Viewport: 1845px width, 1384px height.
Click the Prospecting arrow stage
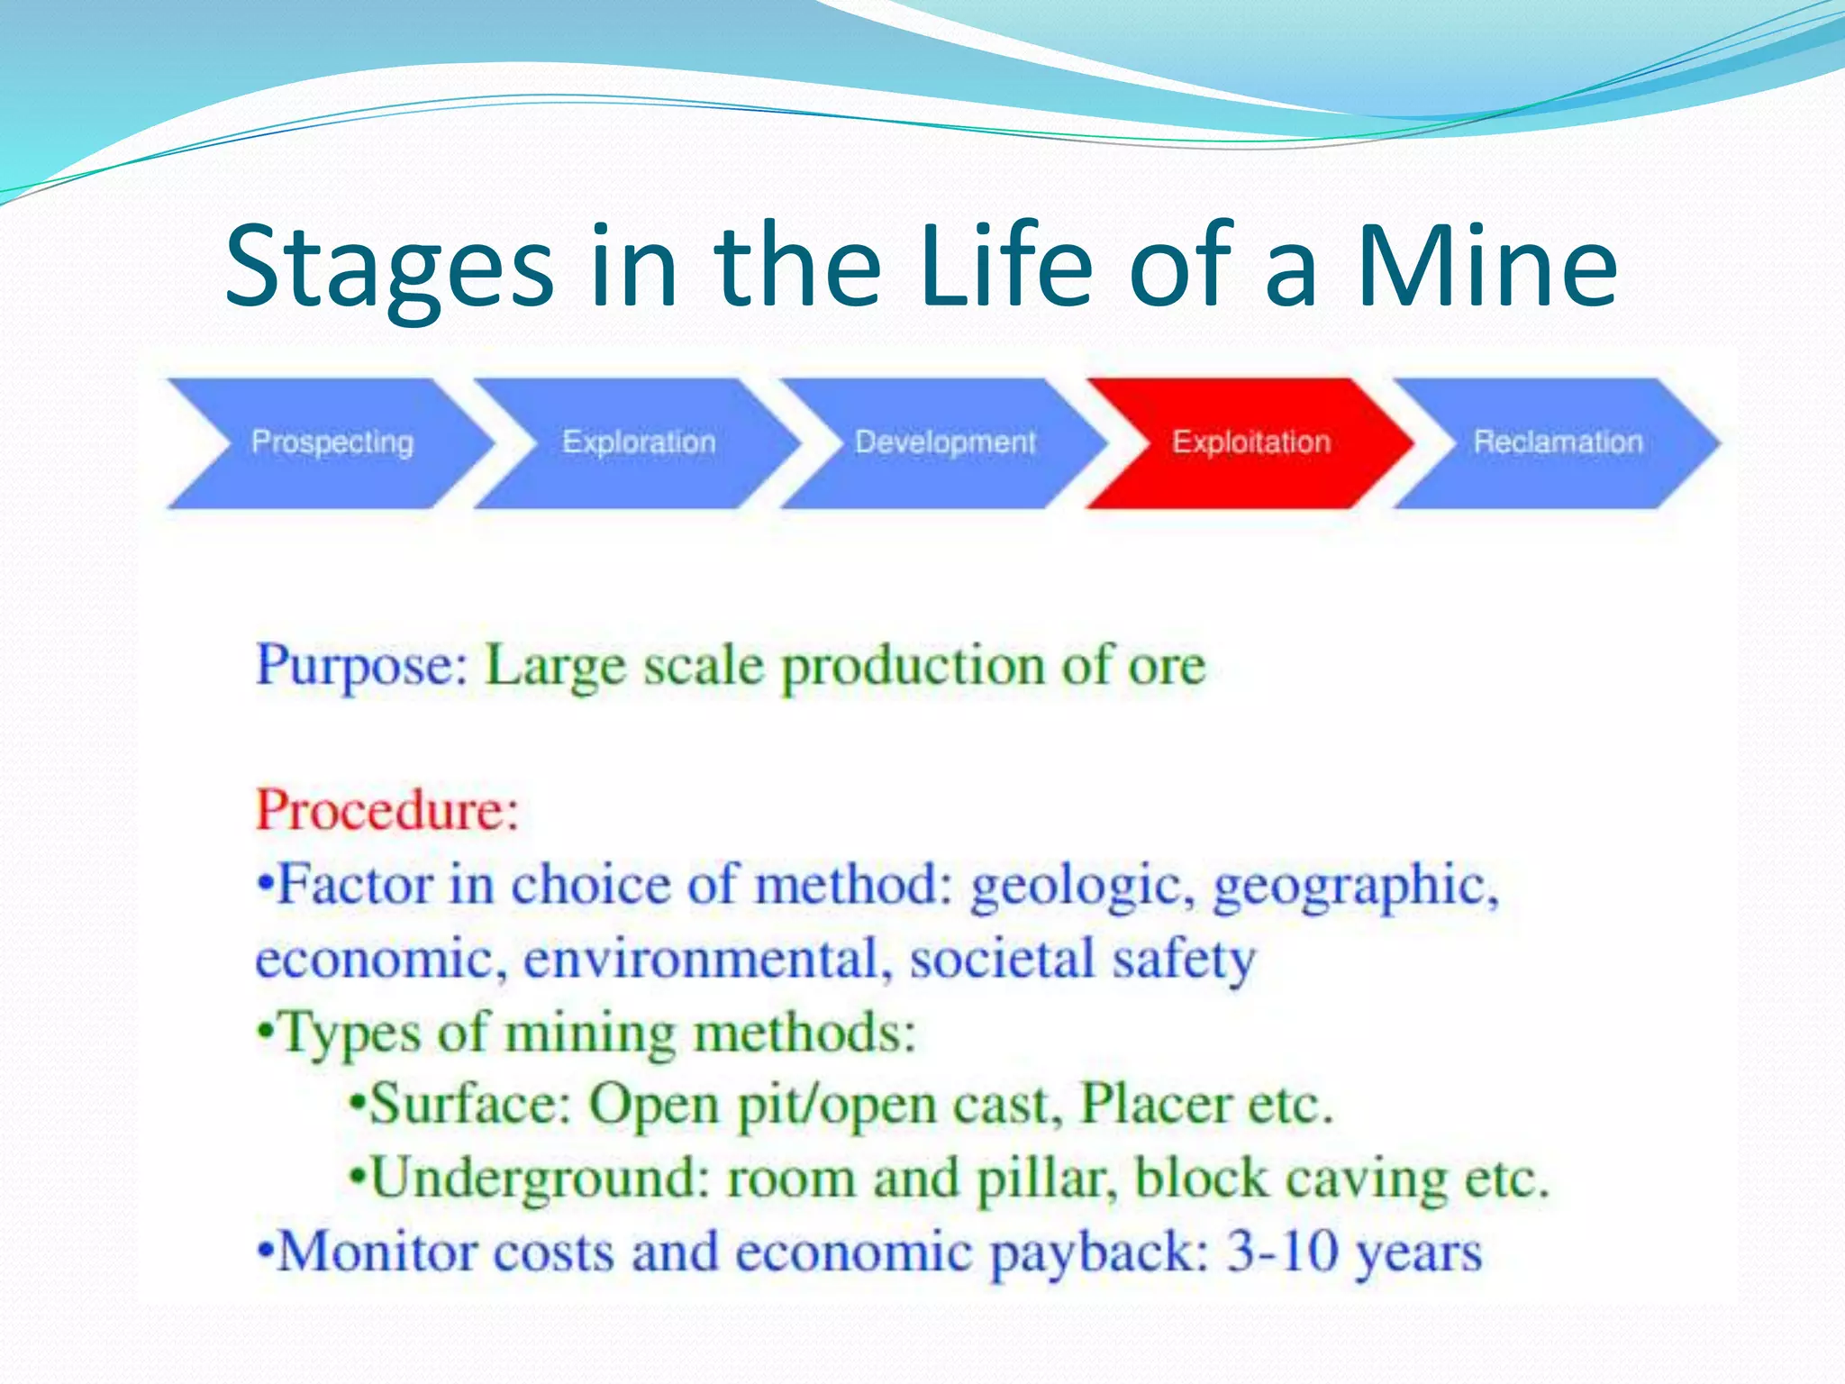point(332,442)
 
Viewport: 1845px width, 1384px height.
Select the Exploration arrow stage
point(638,442)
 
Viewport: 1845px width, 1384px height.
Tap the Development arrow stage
point(944,442)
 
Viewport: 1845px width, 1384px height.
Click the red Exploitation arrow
point(1250,442)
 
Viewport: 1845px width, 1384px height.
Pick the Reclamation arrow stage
point(1558,442)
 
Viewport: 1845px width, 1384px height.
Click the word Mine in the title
point(1486,267)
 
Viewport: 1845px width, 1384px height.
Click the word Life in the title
point(1006,267)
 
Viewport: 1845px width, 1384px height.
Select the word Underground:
point(541,1179)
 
